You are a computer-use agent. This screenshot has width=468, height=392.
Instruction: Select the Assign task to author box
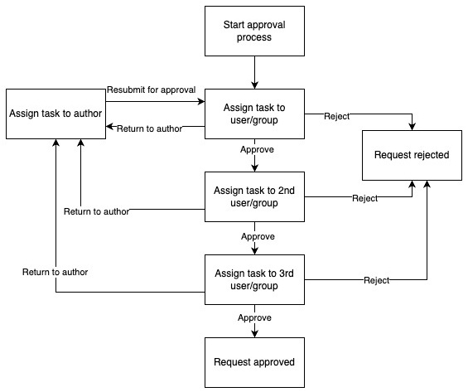[55, 114]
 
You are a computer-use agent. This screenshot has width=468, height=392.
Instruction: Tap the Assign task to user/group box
[254, 114]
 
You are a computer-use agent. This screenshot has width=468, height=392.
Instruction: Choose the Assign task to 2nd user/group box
[254, 196]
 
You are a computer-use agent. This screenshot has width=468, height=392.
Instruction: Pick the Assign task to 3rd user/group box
[254, 279]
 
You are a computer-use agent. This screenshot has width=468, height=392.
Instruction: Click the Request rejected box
[412, 155]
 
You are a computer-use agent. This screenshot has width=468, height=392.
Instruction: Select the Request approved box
[254, 362]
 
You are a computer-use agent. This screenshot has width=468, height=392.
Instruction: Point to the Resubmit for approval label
[151, 90]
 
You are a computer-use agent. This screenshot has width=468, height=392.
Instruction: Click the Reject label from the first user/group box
[336, 116]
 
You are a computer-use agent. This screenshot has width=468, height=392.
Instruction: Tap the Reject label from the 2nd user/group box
[364, 198]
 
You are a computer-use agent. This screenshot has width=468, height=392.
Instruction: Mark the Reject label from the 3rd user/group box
[376, 280]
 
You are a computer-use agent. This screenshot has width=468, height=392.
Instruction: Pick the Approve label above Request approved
[254, 317]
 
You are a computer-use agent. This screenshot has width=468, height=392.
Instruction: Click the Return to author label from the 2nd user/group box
[96, 211]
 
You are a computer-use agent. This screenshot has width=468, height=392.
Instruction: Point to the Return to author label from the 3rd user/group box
[55, 271]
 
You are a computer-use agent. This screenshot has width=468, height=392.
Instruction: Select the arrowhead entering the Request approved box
[254, 333]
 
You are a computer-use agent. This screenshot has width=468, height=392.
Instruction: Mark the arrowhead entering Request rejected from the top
[412, 125]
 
